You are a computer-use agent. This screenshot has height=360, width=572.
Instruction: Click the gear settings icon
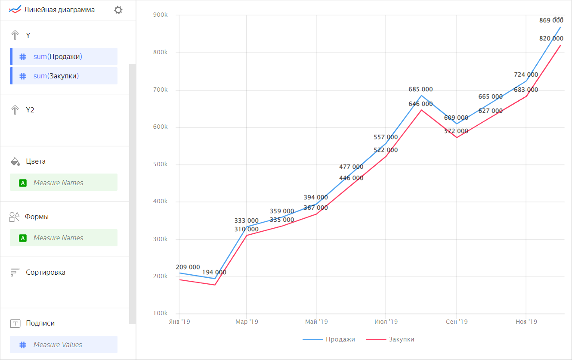pyautogui.click(x=118, y=10)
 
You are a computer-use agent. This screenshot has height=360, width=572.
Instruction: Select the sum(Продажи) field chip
pyautogui.click(x=64, y=56)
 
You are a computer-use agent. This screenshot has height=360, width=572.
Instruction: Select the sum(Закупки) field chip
pyautogui.click(x=64, y=76)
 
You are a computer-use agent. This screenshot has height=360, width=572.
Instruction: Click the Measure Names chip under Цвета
pyautogui.click(x=64, y=183)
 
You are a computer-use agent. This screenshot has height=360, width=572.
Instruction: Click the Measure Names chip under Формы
pyautogui.click(x=64, y=238)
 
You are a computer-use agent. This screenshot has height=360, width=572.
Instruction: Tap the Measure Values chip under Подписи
pyautogui.click(x=64, y=344)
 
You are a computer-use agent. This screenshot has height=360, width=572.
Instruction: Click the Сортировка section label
pyautogui.click(x=45, y=272)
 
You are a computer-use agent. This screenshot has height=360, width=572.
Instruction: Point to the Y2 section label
pyautogui.click(x=30, y=110)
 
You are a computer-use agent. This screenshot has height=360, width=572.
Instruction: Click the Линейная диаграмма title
pyautogui.click(x=59, y=9)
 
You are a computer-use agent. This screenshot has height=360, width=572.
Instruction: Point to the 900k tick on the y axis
pyautogui.click(x=161, y=15)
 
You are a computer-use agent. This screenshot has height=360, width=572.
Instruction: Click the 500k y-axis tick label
pyautogui.click(x=161, y=164)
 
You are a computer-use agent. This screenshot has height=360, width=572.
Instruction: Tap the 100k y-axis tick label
pyautogui.click(x=161, y=313)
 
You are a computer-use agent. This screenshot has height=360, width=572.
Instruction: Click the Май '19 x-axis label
pyautogui.click(x=316, y=322)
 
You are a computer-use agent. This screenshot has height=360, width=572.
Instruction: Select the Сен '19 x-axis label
pyautogui.click(x=457, y=322)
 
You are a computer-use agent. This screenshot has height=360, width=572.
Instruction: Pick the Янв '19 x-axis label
pyautogui.click(x=179, y=322)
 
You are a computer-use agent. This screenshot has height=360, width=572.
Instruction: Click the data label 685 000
pyautogui.click(x=420, y=90)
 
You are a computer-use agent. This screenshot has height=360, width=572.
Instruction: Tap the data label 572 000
pyautogui.click(x=456, y=131)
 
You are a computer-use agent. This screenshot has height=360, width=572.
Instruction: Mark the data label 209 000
pyautogui.click(x=188, y=267)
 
